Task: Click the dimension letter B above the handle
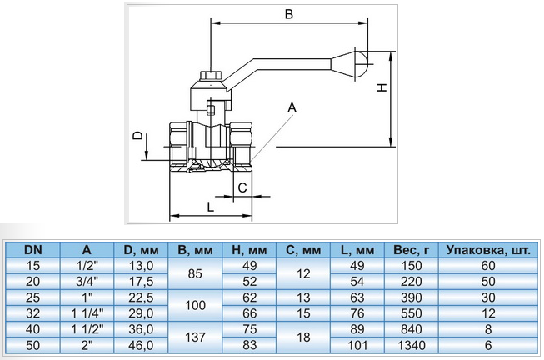[288, 14]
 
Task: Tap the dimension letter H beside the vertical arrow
[382, 87]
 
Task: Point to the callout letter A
[292, 108]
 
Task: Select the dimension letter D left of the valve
[138, 135]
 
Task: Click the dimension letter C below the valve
[242, 187]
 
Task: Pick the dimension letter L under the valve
[210, 207]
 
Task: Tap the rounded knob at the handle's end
[362, 64]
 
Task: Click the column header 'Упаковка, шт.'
[488, 250]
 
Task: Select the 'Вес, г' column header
[411, 250]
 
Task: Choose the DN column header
[33, 250]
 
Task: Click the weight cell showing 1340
[411, 345]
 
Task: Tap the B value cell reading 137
[195, 337]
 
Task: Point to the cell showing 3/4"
[87, 281]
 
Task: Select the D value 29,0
[141, 313]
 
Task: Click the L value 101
[357, 345]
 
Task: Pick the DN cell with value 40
[33, 329]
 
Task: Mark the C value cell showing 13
[303, 297]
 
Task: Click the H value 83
[249, 345]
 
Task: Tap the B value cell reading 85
[195, 273]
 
